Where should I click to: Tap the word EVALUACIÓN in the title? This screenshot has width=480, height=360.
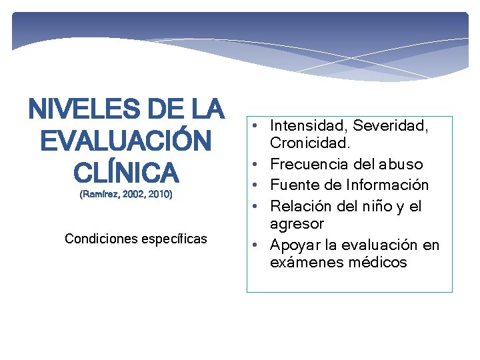pyautogui.click(x=126, y=141)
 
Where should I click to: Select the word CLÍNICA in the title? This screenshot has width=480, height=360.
pyautogui.click(x=126, y=173)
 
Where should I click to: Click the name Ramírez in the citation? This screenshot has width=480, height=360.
pyautogui.click(x=101, y=195)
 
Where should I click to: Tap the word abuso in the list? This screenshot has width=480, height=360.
pyautogui.click(x=403, y=164)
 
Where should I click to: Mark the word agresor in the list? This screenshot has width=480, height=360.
pyautogui.click(x=297, y=224)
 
